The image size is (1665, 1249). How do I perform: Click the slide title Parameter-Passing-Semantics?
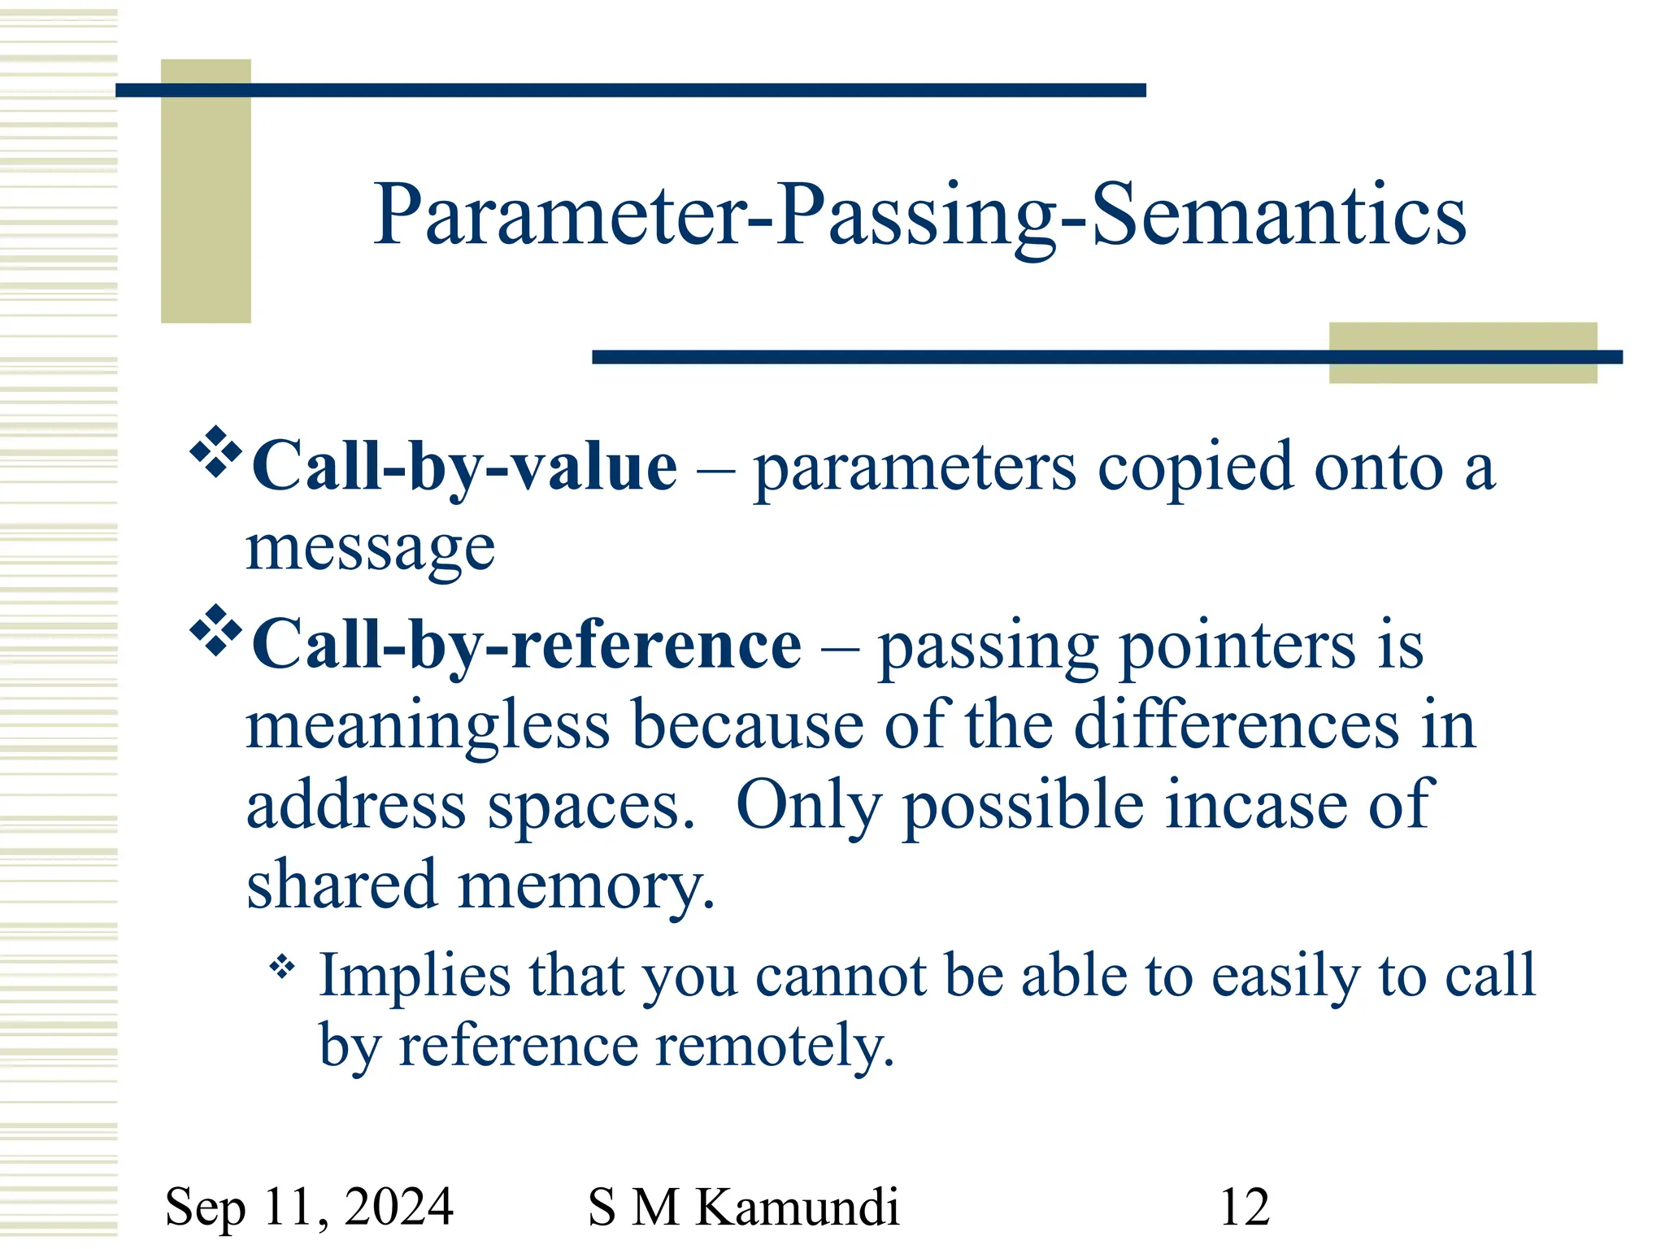pos(919,215)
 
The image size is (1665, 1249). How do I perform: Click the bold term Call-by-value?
pos(464,467)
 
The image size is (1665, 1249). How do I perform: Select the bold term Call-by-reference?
pos(527,645)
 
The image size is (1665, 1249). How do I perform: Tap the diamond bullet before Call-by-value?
pos(215,450)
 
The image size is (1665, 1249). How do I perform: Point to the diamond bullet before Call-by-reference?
pos(215,629)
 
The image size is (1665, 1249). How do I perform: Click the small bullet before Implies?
pos(282,967)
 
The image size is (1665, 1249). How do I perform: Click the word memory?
pos(585,885)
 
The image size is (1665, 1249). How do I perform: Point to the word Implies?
pos(415,975)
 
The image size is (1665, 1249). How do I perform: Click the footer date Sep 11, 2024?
pos(309,1207)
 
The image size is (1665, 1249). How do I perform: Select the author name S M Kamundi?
pos(743,1207)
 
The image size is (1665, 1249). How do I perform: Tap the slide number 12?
pos(1244,1207)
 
